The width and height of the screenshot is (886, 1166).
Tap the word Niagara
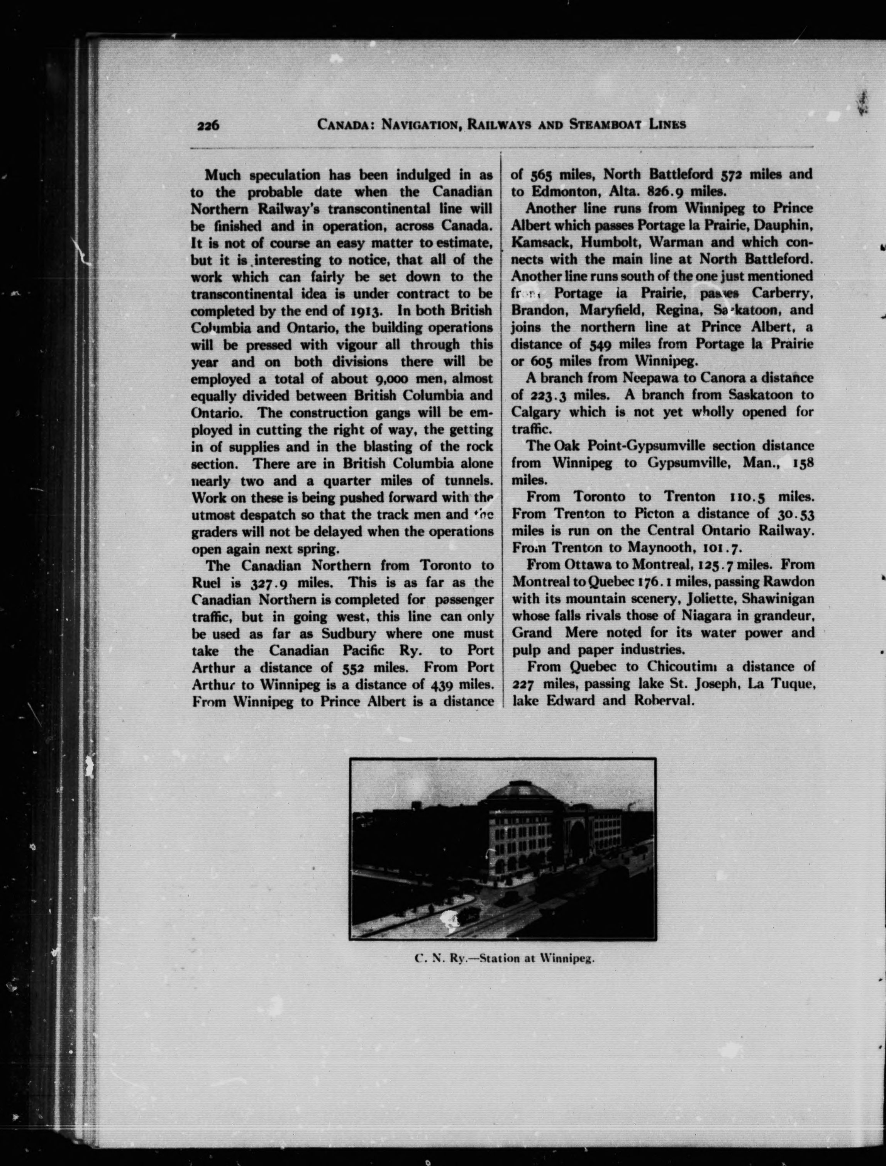[x=707, y=615]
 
